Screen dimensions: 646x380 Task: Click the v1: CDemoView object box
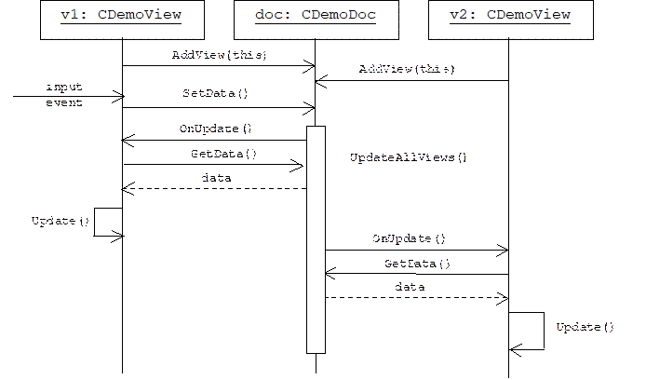coord(122,20)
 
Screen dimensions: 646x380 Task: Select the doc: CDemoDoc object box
coord(316,20)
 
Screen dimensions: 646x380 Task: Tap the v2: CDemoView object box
coord(511,20)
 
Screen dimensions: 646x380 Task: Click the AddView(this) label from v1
coord(219,55)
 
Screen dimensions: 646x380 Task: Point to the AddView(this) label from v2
coord(407,69)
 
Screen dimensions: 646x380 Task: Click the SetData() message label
coord(215,93)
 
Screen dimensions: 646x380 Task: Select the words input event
coord(64,95)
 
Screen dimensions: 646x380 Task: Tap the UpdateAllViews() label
coord(409,157)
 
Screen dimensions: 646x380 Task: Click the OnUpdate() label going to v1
coord(215,129)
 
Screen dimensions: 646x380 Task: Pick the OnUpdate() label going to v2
coord(410,238)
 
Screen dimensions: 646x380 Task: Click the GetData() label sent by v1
coord(223,155)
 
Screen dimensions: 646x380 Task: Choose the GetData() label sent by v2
coord(417,264)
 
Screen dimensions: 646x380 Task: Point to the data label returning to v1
coord(216,178)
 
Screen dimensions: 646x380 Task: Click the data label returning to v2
coord(410,287)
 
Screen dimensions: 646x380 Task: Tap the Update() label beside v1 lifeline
coord(61,222)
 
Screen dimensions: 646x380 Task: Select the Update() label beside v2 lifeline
coord(585,327)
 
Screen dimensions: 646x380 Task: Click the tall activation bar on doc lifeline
coord(316,240)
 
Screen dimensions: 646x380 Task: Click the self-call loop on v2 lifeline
coord(544,331)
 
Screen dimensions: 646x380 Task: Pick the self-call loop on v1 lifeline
coord(94,223)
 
